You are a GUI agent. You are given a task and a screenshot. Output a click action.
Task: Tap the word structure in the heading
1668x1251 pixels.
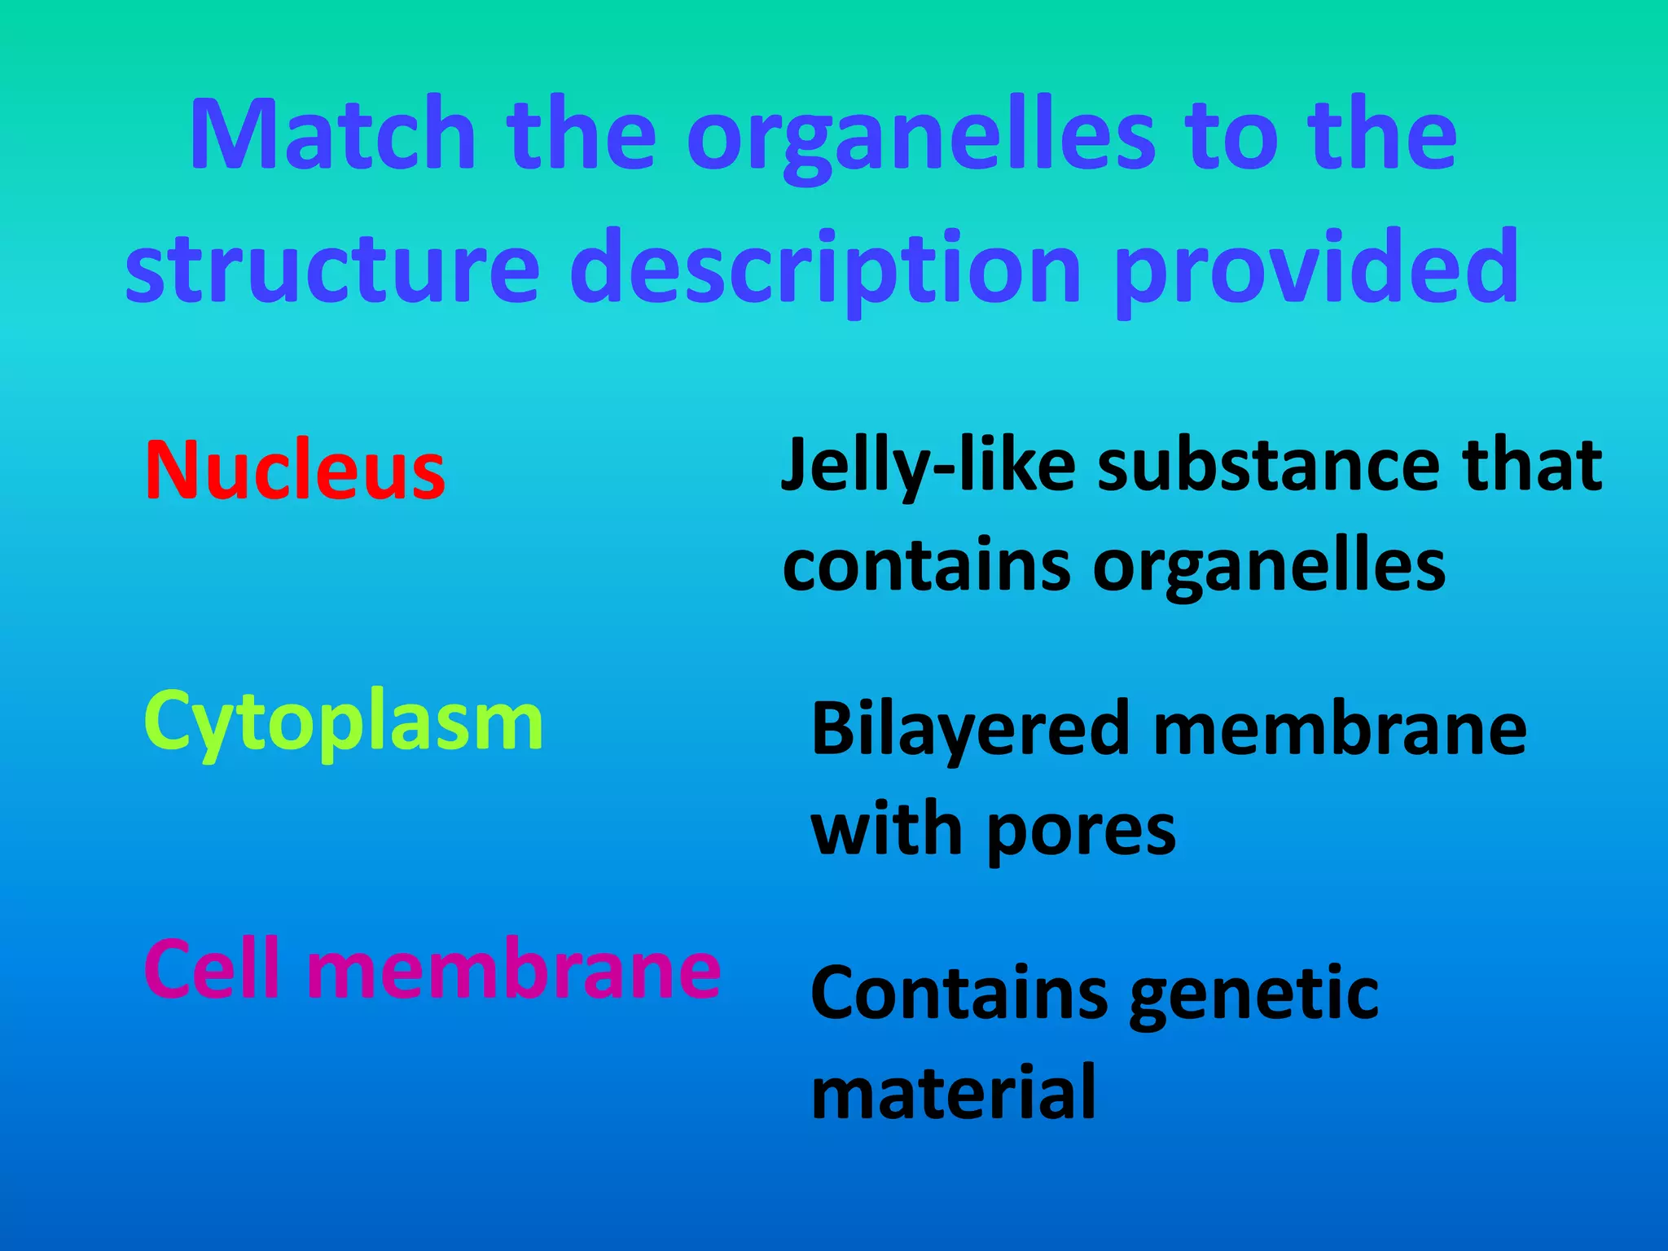point(332,266)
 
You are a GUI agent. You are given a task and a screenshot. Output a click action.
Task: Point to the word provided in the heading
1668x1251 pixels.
point(1315,266)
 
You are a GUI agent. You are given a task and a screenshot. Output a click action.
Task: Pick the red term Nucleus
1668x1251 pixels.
point(295,471)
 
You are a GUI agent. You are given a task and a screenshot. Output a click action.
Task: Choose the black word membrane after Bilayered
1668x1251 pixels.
point(1340,730)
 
